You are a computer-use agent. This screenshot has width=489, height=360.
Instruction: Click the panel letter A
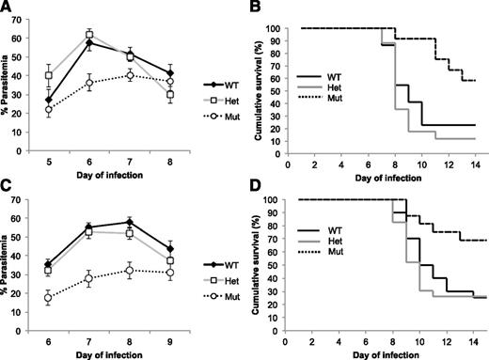coord(7,8)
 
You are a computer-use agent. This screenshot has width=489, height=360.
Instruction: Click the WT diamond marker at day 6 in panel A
coord(90,43)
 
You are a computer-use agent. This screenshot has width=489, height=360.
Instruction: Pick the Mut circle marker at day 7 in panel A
coord(143,75)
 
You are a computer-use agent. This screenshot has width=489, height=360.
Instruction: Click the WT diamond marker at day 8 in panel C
coord(142,222)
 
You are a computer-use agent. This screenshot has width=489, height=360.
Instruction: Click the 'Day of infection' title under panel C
coord(117,352)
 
